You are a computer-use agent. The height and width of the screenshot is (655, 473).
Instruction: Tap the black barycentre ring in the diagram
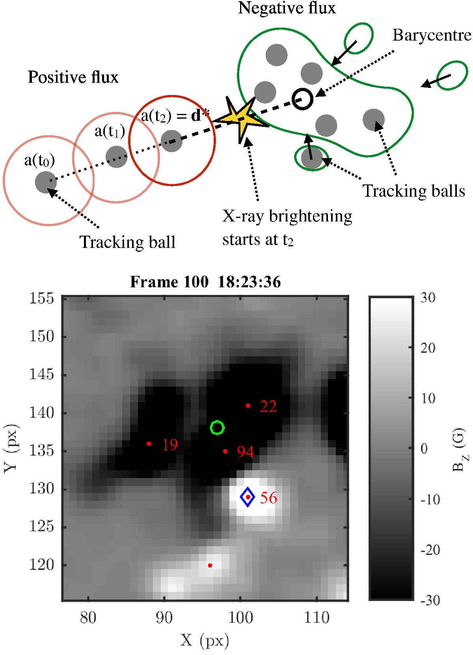click(x=302, y=99)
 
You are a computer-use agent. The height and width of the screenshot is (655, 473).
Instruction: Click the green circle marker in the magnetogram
click(x=217, y=428)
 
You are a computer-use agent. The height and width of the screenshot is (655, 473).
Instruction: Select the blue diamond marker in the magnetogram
click(x=248, y=497)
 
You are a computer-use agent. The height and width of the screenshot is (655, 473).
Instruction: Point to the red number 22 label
click(x=268, y=407)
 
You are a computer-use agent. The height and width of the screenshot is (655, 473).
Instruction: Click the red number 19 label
click(x=169, y=445)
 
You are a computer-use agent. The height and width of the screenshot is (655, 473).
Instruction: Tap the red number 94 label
click(x=245, y=452)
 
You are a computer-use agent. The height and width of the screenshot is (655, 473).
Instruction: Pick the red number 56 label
click(x=268, y=498)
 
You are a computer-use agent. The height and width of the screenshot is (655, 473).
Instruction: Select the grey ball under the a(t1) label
click(x=117, y=156)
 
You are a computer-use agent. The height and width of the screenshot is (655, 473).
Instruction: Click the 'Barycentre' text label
click(x=432, y=35)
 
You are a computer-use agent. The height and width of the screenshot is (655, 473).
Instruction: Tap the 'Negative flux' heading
click(x=287, y=8)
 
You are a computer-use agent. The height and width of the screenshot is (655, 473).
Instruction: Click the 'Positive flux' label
click(x=73, y=77)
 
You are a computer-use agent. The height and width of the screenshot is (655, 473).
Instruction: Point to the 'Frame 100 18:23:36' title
click(x=205, y=282)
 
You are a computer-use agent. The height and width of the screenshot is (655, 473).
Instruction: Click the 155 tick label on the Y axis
click(x=41, y=298)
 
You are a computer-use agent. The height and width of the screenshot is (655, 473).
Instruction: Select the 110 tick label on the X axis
click(x=317, y=617)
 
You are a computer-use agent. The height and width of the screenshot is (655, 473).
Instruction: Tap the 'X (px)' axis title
click(x=205, y=641)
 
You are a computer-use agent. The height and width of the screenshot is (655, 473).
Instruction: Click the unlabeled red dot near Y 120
click(x=210, y=566)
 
